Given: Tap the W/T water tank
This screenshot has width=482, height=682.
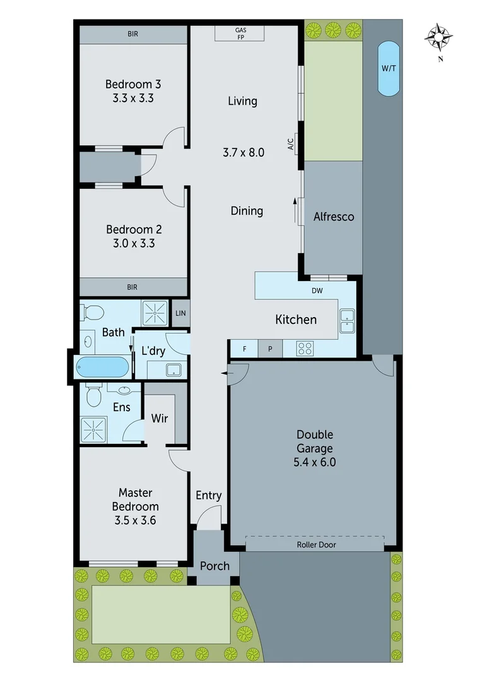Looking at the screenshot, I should (389, 68).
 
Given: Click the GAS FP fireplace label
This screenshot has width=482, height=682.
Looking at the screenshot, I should (240, 33).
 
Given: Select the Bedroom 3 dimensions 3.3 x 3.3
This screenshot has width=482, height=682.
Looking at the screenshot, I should (132, 98).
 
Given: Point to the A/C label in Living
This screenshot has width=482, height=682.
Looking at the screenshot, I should (291, 145).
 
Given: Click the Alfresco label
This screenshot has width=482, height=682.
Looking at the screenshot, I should (334, 217).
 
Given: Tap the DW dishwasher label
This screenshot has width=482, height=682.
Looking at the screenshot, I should (317, 292).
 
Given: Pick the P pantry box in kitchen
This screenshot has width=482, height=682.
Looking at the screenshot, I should (270, 349).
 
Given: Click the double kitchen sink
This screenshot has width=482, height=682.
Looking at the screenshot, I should (346, 321).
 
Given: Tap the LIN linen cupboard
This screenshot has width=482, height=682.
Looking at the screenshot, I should (180, 313).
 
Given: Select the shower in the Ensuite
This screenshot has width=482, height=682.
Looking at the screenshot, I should (94, 429).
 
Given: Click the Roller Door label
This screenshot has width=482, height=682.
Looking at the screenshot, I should (315, 544).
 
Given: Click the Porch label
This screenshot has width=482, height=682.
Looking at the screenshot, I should (215, 565).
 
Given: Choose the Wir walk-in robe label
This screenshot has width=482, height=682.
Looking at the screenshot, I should (160, 418).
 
